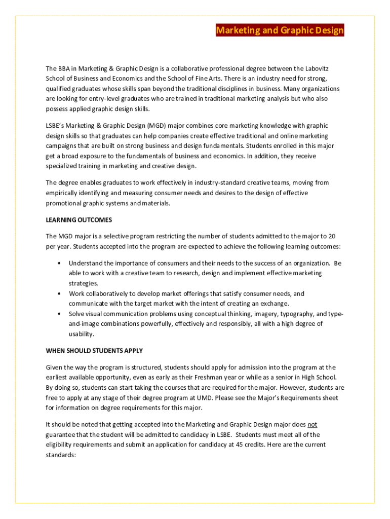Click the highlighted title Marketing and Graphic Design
(280, 31)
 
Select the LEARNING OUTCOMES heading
(79, 220)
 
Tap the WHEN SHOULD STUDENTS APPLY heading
(94, 351)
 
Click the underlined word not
(313, 424)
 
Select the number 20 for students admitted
(332, 236)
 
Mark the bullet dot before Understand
(60, 264)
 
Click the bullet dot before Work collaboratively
(60, 294)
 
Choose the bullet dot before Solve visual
(60, 314)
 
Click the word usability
(82, 334)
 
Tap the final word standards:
(60, 455)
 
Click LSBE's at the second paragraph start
(56, 126)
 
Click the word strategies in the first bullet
(84, 283)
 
